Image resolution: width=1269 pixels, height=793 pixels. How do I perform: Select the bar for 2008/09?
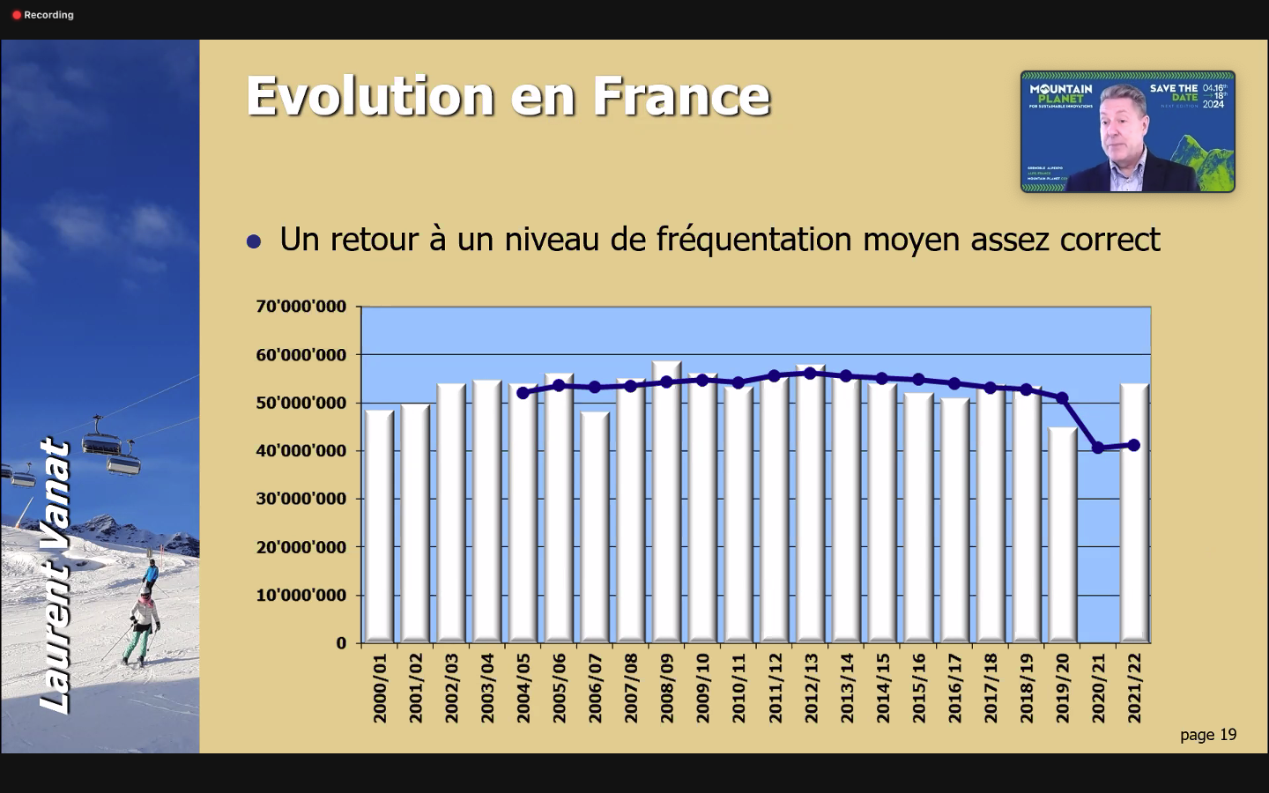[666, 502]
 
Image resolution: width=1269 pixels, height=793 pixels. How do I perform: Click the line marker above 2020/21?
[1098, 448]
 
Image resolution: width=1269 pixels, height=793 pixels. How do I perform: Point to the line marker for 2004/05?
[523, 393]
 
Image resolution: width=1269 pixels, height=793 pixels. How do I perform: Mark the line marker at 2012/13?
[811, 373]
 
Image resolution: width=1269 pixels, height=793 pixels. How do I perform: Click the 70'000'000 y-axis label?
[301, 307]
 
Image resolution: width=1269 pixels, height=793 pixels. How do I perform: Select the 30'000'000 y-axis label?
[301, 499]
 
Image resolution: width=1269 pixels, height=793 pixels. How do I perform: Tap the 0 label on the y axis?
[341, 643]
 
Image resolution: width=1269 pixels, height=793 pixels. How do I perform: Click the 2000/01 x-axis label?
[380, 688]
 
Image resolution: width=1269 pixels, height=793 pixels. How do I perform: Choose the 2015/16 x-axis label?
[919, 688]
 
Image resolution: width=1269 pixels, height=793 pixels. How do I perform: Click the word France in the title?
[681, 96]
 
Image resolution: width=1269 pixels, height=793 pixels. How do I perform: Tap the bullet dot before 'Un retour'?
[254, 241]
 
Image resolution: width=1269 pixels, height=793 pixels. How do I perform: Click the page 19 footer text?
[1208, 735]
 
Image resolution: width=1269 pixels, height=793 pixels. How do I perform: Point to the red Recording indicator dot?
[17, 15]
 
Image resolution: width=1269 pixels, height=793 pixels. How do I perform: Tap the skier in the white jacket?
[142, 621]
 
